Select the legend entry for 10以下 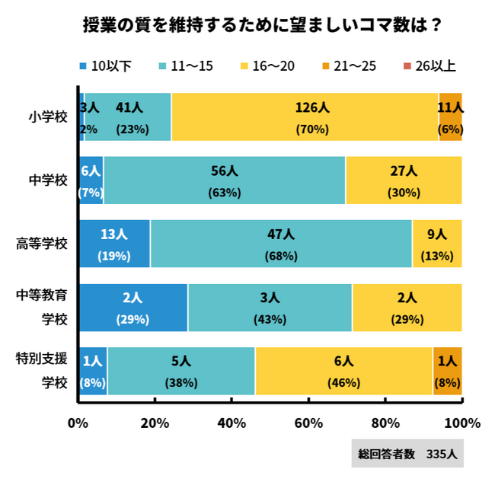[106, 66]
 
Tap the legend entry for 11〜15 [186, 66]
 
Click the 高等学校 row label [42, 244]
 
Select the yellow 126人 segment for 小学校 [305, 117]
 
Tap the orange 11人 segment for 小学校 [450, 117]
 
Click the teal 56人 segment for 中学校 [225, 180]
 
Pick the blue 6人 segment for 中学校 [91, 180]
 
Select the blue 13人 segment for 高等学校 [114, 244]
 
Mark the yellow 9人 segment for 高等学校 [437, 244]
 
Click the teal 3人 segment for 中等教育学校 [270, 308]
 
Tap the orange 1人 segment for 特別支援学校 [447, 371]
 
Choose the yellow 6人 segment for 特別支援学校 [343, 371]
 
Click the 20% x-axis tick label [155, 423]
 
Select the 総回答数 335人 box [407, 455]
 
